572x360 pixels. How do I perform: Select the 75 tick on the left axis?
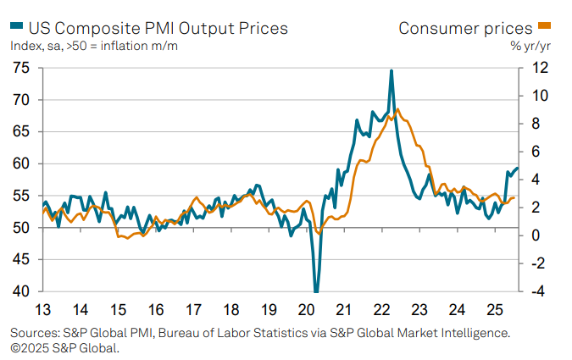coord(19,68)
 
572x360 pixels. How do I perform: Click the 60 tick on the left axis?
coord(19,163)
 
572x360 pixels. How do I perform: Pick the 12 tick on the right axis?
coord(538,68)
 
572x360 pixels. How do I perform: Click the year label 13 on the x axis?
coord(42,309)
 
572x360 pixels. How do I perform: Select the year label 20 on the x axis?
coord(305,309)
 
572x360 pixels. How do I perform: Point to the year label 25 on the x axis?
coord(493,309)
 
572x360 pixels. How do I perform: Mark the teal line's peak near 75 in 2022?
coord(392,70)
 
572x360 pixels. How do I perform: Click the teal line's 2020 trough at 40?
coord(316,291)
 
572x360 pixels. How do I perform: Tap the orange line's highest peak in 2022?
coord(398,109)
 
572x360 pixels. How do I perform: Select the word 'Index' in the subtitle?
coord(26,45)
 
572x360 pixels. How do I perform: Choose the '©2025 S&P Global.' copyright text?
coord(64,347)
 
